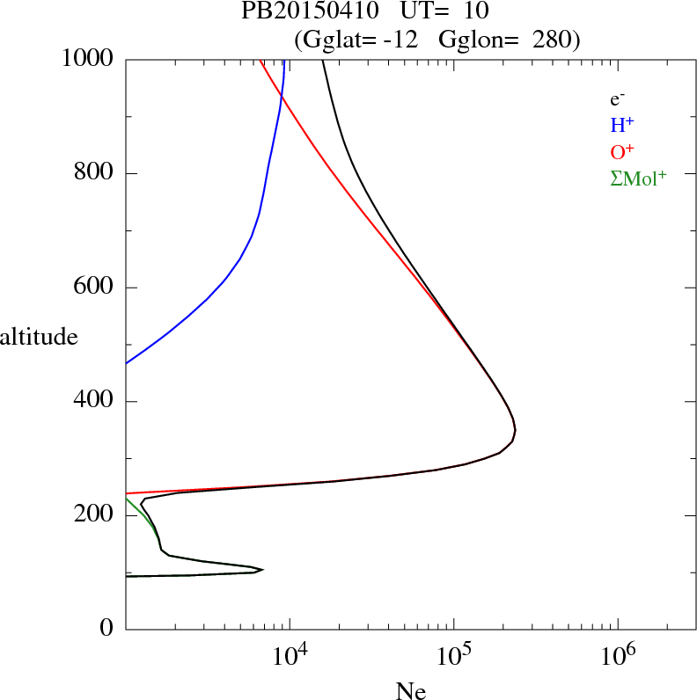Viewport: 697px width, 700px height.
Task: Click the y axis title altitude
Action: click(39, 337)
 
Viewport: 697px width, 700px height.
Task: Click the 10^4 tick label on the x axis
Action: click(290, 656)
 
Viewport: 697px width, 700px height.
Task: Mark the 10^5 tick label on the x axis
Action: click(453, 656)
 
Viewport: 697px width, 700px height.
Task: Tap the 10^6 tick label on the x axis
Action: click(617, 656)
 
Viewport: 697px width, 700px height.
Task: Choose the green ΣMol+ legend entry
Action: click(638, 178)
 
